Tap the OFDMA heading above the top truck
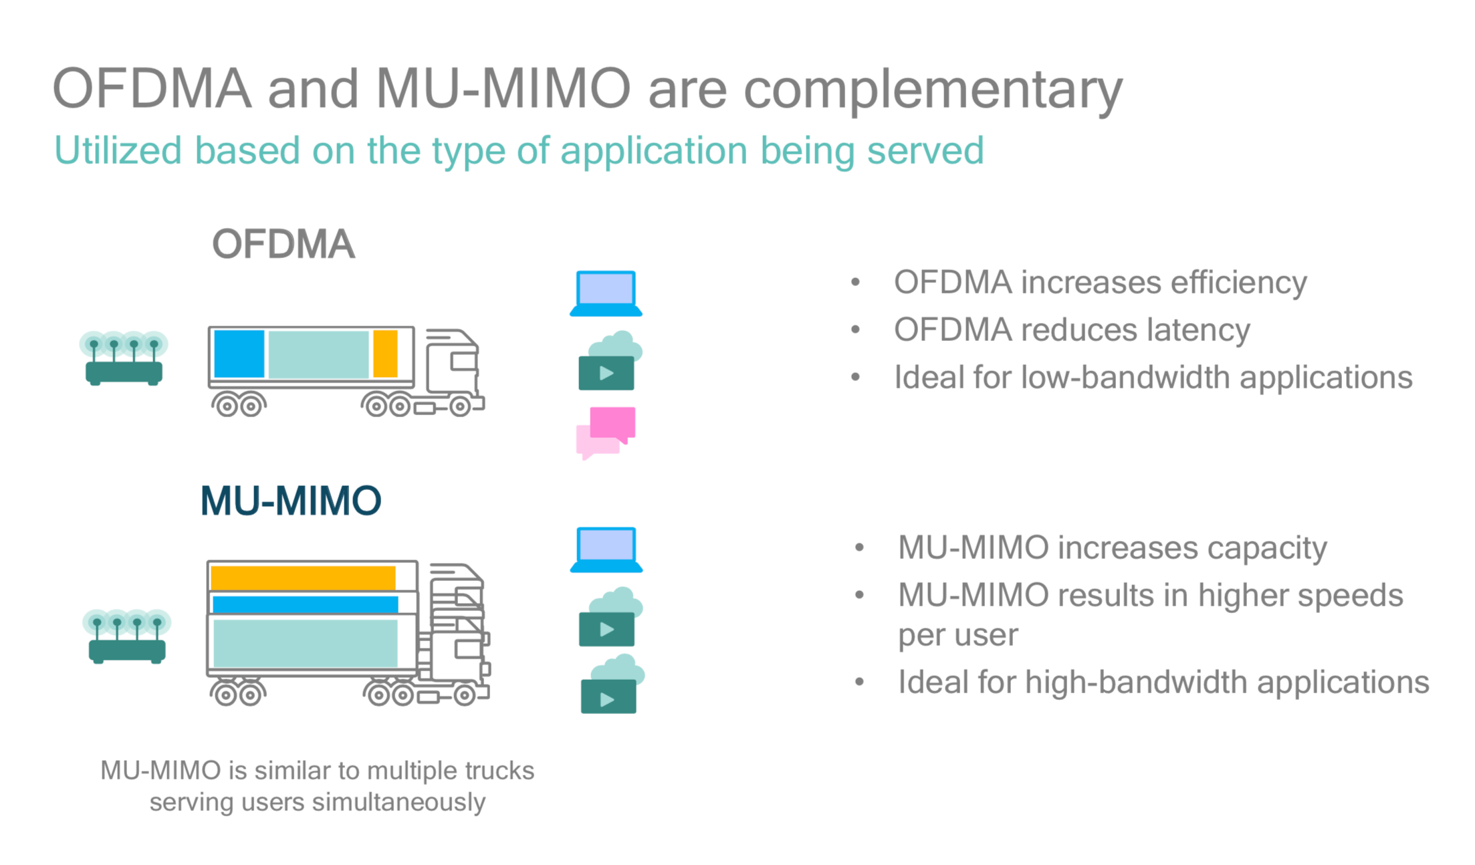click(x=283, y=244)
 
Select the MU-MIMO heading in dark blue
click(x=290, y=501)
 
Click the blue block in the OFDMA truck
click(x=239, y=354)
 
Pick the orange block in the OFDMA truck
click(x=385, y=354)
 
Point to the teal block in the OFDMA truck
click(x=318, y=354)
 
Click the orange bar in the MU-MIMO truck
click(x=303, y=578)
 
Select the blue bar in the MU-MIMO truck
click(x=305, y=605)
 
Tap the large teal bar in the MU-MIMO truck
click(x=305, y=643)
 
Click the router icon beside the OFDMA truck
click(x=124, y=358)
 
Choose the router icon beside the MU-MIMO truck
click(x=127, y=636)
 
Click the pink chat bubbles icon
click(x=606, y=432)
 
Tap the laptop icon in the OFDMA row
click(x=606, y=293)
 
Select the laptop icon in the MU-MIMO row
click(x=606, y=549)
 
